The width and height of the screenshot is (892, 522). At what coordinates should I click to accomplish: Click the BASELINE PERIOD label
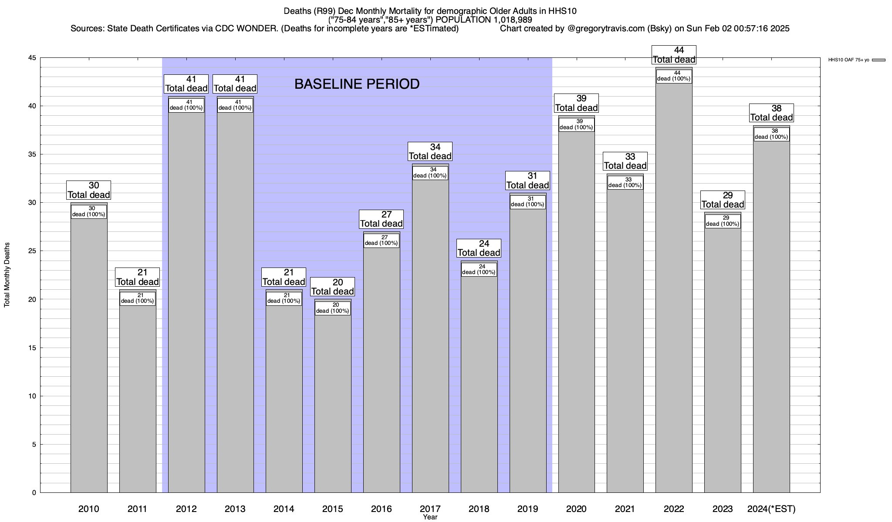point(357,84)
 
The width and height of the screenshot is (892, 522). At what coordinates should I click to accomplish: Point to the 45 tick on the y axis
point(33,58)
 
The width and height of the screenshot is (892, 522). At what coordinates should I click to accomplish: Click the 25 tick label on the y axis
point(33,251)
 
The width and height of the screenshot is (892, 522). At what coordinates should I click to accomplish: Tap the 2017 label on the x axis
point(430,509)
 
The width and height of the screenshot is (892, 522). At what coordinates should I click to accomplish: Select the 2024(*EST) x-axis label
point(771,509)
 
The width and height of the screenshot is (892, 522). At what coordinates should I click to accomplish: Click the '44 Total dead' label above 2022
point(674,55)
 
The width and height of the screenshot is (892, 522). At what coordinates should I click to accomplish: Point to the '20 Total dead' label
point(333,287)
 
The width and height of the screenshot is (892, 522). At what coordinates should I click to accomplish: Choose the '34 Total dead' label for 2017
point(430,152)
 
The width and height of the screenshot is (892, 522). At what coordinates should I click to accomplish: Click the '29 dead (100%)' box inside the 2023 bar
point(723,221)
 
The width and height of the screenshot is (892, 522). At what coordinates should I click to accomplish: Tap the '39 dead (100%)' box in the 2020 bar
point(576,124)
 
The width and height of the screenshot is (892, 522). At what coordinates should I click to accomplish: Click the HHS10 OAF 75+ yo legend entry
point(856,60)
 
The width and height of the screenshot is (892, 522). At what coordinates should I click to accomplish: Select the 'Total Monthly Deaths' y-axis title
point(7,275)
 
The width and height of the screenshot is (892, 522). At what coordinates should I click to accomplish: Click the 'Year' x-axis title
point(430,517)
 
